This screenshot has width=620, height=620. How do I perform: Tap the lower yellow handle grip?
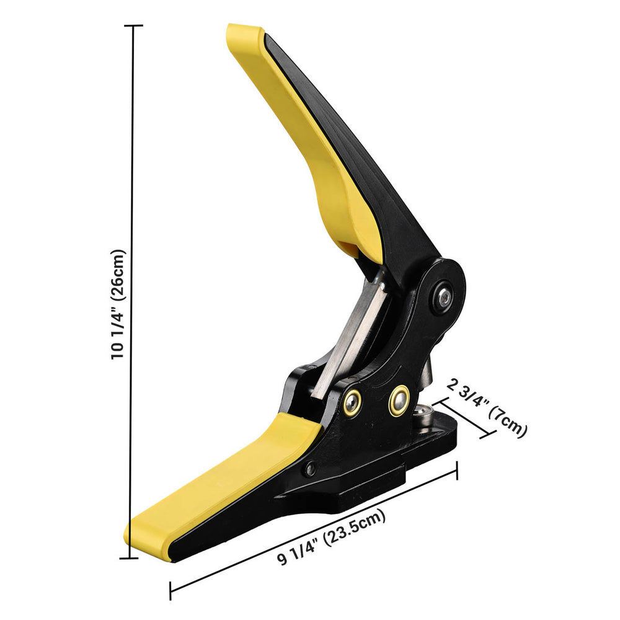221,486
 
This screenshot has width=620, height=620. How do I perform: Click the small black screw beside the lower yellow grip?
311,469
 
